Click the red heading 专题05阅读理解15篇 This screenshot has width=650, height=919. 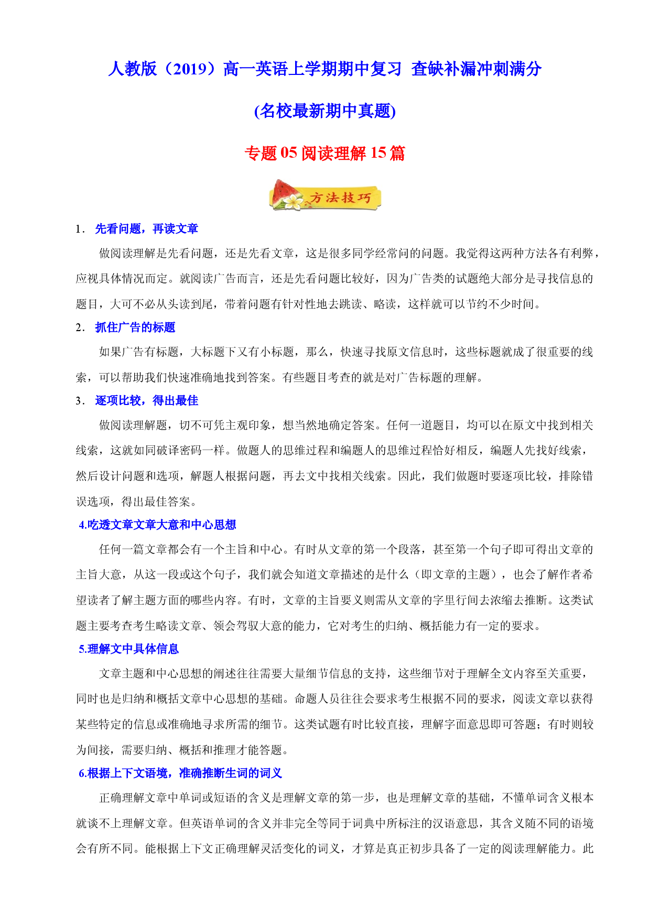[x=325, y=153]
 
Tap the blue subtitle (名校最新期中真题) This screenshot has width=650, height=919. [x=325, y=111]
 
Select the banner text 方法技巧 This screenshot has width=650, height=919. [x=341, y=198]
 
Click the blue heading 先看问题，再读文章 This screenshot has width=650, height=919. [x=147, y=229]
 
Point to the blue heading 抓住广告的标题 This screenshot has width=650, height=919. [x=135, y=327]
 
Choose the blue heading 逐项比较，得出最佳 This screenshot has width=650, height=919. [x=147, y=401]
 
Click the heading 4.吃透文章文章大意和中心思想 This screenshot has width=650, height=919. [x=157, y=525]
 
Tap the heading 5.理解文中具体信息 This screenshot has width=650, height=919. [x=129, y=649]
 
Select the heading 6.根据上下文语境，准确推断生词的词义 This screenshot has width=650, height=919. [x=180, y=773]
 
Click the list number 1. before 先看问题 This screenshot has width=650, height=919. [x=80, y=229]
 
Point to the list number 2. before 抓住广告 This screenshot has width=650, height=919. [x=80, y=328]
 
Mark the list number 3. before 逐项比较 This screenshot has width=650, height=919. [x=80, y=401]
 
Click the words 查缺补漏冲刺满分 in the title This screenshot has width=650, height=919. [x=476, y=69]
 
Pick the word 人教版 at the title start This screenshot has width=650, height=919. [x=133, y=69]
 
